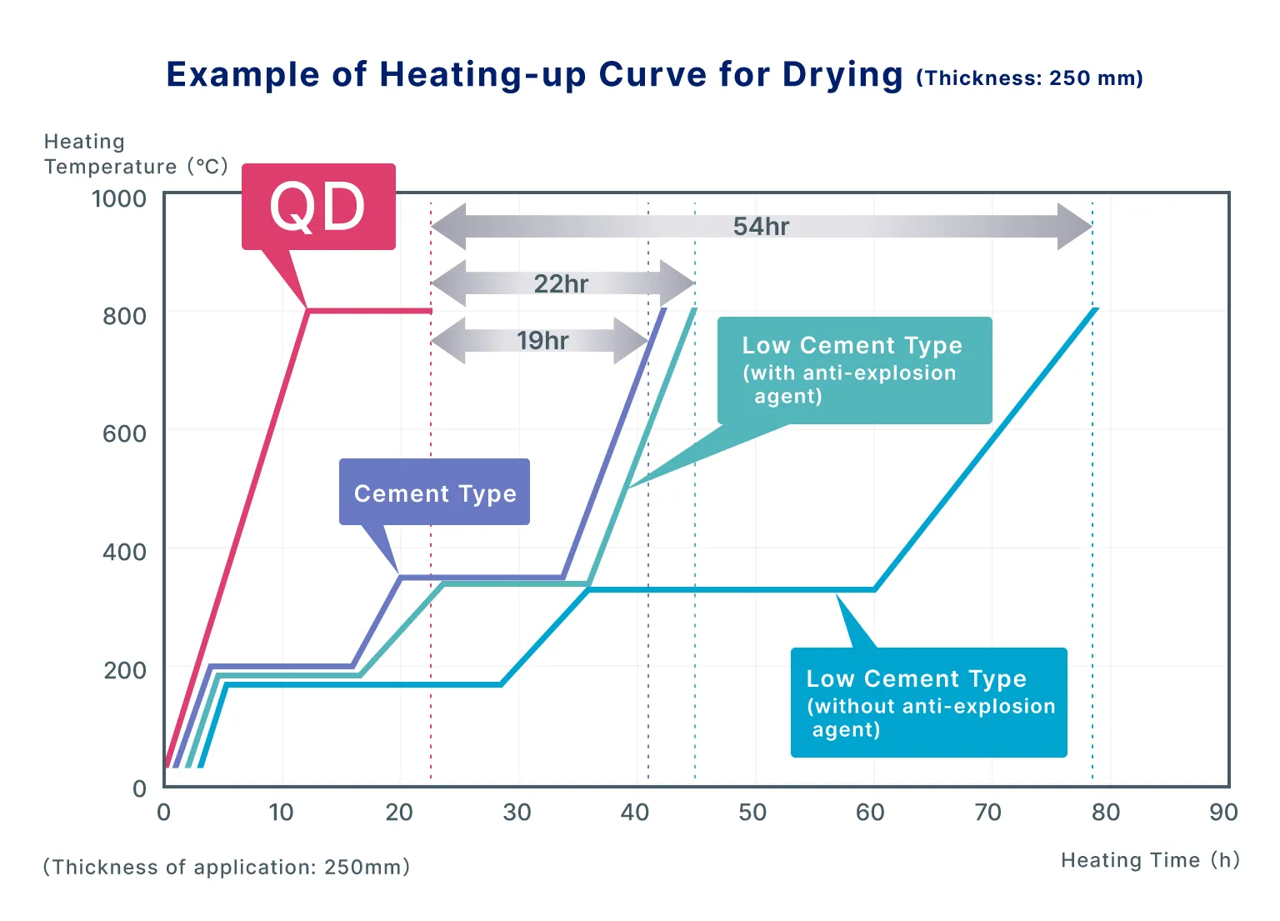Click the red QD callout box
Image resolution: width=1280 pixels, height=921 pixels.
click(317, 207)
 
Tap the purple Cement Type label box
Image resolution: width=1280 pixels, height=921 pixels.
click(434, 493)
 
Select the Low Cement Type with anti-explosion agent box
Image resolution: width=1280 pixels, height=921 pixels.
click(854, 370)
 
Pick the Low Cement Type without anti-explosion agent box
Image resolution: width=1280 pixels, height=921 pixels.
click(928, 703)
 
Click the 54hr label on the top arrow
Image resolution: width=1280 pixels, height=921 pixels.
click(761, 226)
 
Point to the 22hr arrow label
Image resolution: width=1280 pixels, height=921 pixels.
click(561, 283)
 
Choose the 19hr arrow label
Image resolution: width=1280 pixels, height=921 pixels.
click(542, 340)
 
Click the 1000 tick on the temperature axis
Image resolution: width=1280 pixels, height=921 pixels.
click(119, 198)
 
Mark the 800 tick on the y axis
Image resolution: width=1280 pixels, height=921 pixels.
click(124, 316)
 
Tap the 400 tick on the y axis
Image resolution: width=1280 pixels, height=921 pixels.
click(124, 552)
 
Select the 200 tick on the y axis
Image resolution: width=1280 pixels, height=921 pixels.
click(124, 670)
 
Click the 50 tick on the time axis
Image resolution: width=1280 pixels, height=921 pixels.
click(752, 813)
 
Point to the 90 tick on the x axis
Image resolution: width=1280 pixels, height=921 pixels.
click(1223, 813)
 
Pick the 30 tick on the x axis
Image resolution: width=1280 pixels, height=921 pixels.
click(517, 813)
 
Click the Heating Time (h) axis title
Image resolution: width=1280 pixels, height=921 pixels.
click(1150, 860)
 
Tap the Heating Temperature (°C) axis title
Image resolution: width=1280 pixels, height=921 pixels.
click(135, 154)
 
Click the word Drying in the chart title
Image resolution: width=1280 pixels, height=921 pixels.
click(842, 75)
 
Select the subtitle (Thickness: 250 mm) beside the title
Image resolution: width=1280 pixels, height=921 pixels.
click(1029, 78)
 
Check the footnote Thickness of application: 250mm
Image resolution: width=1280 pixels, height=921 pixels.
click(227, 867)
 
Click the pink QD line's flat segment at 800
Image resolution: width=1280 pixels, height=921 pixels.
click(371, 311)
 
